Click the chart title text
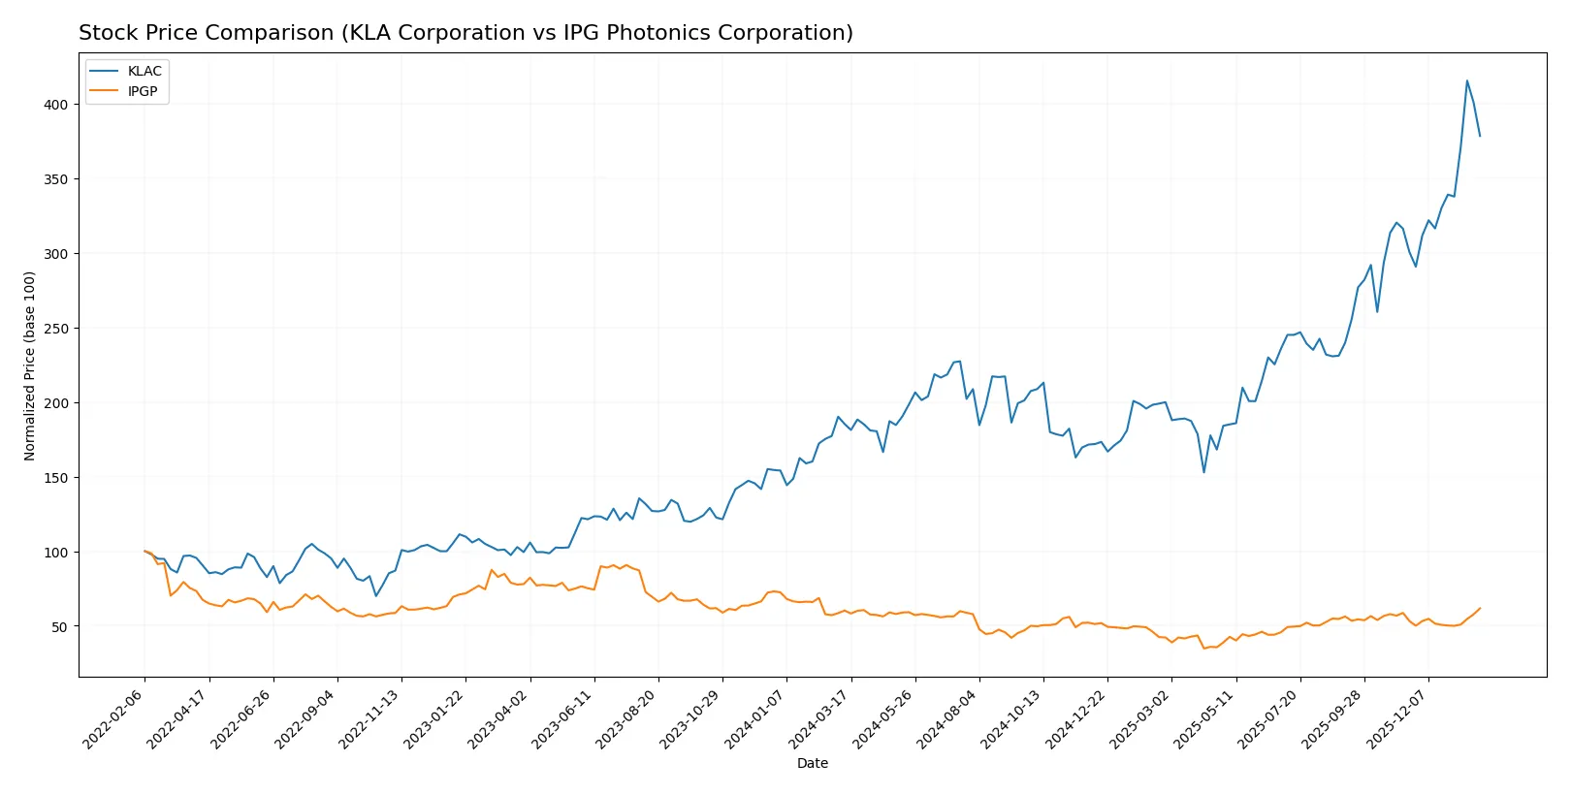465,33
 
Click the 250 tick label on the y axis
55,329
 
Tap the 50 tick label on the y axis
59,627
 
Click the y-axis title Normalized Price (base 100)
30,365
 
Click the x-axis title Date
812,763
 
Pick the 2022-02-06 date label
113,718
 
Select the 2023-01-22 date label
434,718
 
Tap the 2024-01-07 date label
755,718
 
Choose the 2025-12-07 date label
1397,718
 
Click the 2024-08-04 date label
947,718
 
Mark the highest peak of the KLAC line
1467,80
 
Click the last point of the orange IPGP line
1480,608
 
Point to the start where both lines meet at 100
145,552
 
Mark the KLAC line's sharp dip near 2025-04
1204,472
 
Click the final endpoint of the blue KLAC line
1480,136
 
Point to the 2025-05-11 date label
1204,718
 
